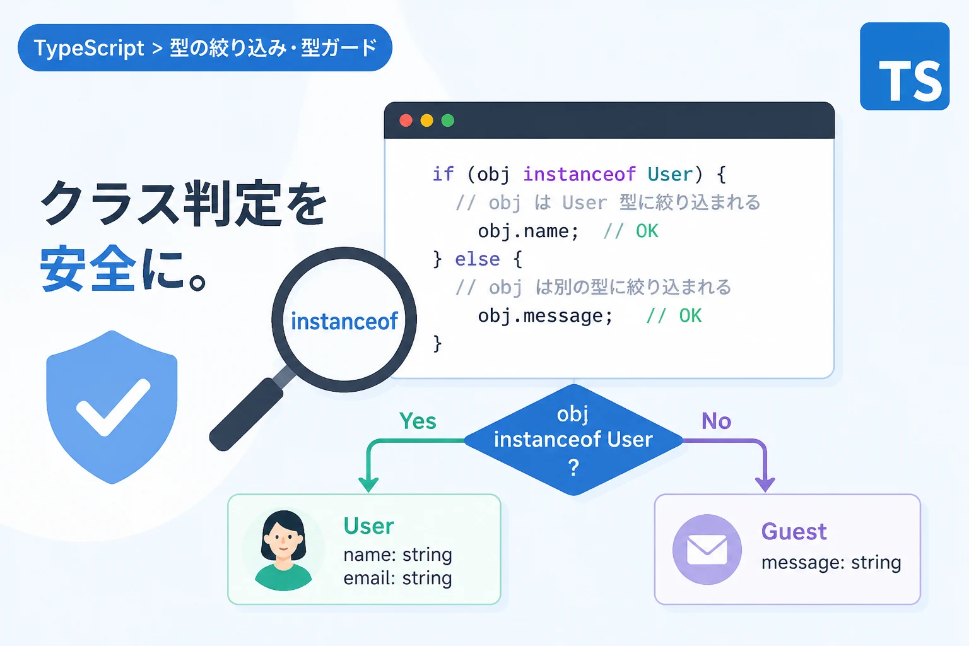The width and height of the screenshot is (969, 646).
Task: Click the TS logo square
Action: coord(905,66)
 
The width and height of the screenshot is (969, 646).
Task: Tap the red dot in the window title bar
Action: coord(406,120)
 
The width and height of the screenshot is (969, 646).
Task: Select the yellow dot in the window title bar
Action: coord(427,120)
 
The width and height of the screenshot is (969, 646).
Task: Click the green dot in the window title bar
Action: coord(448,120)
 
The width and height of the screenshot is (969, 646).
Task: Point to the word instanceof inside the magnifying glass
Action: coord(344,322)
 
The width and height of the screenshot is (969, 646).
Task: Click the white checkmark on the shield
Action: coord(114,407)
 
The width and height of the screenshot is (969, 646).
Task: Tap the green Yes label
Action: coord(418,421)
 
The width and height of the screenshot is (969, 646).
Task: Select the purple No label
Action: coord(717,421)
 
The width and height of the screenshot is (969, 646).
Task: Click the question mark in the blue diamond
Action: coord(573,467)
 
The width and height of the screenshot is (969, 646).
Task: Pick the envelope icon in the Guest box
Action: coord(707,549)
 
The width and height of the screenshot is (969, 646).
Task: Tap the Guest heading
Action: coord(794,531)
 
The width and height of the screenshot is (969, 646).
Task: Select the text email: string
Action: coord(397,578)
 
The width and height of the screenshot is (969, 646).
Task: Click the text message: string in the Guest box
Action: coord(831,563)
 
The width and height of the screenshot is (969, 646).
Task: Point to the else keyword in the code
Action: coord(477,259)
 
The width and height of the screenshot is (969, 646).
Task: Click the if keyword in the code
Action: coord(443,174)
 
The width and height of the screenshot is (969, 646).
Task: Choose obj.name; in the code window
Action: coord(528,231)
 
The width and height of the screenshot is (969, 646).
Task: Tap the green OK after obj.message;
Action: coord(690,316)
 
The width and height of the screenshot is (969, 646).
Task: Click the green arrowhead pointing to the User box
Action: coord(368,484)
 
